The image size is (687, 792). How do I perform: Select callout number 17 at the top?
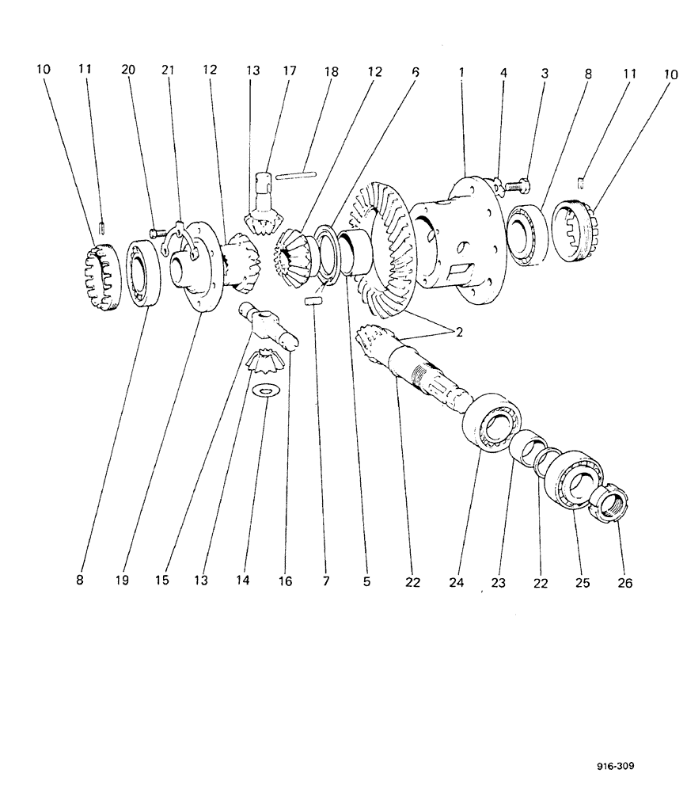[289, 70]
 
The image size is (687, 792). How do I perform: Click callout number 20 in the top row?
[127, 70]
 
